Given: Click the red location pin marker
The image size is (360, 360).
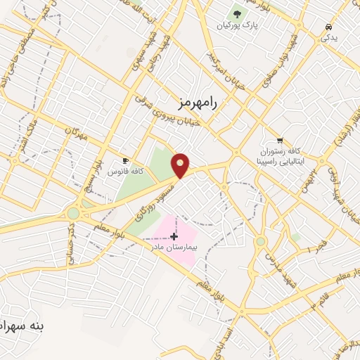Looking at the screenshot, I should coord(181,165).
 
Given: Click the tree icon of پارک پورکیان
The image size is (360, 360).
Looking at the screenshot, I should coord(236,14).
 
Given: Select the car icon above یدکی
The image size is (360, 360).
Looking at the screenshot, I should coord(328,27).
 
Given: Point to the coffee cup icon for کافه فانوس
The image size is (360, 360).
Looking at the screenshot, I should coord(126,160).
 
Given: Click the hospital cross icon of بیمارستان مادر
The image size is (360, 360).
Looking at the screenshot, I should coord(174,237).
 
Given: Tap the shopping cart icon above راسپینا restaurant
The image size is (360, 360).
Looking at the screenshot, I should coord(281,141).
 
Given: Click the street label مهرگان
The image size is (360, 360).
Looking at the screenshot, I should coord(77,131).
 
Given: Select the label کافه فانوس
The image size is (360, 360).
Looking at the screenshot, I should coord(129,171).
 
